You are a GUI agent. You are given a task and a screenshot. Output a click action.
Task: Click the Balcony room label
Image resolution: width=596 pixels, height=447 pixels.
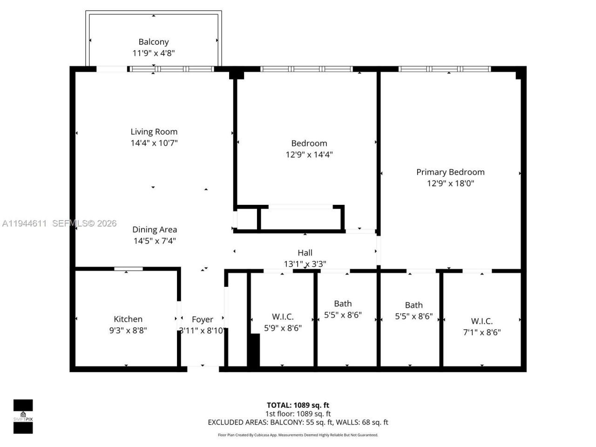pyautogui.click(x=154, y=42)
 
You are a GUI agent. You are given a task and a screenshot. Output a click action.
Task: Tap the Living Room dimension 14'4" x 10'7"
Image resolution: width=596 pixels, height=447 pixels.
pyautogui.click(x=154, y=143)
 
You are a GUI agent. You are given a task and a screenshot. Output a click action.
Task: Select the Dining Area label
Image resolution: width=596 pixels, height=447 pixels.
pyautogui.click(x=155, y=230)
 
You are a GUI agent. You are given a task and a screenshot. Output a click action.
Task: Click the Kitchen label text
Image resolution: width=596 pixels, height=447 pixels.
pyautogui.click(x=128, y=319)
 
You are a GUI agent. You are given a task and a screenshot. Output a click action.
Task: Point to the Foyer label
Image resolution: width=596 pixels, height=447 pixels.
pyautogui.click(x=203, y=319)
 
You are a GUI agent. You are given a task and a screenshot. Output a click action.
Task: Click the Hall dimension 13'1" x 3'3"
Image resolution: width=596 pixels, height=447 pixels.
pyautogui.click(x=305, y=264)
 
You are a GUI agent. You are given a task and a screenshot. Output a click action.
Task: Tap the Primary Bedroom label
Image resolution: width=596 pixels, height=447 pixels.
pyautogui.click(x=450, y=172)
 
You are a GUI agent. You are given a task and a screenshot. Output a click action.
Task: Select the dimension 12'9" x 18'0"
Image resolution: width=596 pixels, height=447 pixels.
pyautogui.click(x=450, y=183)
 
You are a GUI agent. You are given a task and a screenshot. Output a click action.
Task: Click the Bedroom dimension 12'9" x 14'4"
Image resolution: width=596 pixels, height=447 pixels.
pyautogui.click(x=309, y=155)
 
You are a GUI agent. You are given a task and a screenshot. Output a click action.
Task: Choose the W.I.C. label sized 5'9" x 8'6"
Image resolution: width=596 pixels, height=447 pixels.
pyautogui.click(x=283, y=317)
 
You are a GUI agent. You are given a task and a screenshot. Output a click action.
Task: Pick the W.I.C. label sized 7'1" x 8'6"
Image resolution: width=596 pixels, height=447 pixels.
pyautogui.click(x=481, y=321)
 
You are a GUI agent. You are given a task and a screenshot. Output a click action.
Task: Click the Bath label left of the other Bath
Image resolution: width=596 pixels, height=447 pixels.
pyautogui.click(x=343, y=304)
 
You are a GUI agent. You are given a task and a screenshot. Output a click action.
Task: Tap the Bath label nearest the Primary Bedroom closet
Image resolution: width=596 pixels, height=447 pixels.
pyautogui.click(x=413, y=305)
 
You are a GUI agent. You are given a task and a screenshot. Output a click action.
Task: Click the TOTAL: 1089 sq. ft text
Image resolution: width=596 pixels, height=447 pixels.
pyautogui.click(x=298, y=405)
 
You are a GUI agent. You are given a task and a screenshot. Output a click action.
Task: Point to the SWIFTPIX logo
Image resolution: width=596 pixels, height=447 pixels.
pyautogui.click(x=23, y=416)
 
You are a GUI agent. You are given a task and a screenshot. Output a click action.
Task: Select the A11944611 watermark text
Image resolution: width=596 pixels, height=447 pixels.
pyautogui.click(x=24, y=223)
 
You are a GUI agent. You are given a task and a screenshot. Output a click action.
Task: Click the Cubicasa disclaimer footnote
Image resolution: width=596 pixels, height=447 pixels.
pyautogui.click(x=298, y=435)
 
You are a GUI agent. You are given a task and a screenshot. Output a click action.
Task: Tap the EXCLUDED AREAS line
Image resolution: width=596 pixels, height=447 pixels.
pyautogui.click(x=298, y=422)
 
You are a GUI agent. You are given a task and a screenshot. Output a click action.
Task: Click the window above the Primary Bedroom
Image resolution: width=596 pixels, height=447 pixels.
pyautogui.click(x=445, y=69)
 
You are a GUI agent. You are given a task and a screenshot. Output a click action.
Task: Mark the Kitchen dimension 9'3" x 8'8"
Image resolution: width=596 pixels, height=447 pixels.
pyautogui.click(x=128, y=331)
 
